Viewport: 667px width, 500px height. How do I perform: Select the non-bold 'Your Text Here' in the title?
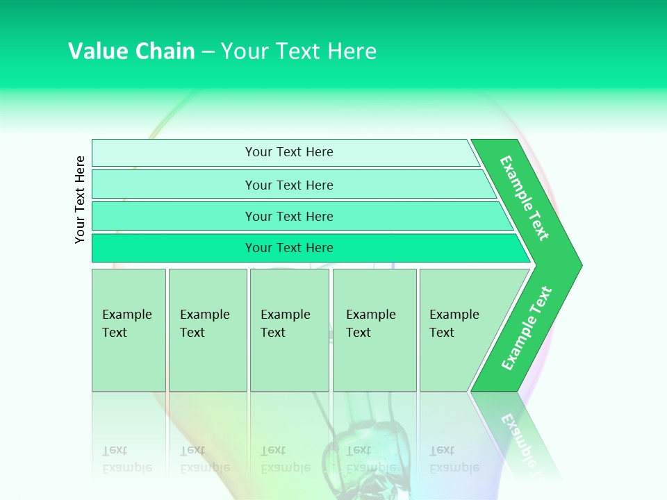[x=299, y=51]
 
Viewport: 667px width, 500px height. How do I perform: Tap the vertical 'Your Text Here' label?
[x=80, y=199]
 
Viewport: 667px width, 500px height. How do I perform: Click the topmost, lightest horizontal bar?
[x=288, y=152]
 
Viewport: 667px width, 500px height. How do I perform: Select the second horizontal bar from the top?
[x=288, y=185]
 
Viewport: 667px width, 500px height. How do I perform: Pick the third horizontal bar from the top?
[x=288, y=216]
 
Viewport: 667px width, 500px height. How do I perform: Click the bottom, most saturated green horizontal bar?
[x=288, y=248]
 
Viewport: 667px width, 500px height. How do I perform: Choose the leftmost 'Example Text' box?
[x=129, y=330]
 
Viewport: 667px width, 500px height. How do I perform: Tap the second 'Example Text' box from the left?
[x=207, y=330]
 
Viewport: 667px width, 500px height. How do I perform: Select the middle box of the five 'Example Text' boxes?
[x=289, y=330]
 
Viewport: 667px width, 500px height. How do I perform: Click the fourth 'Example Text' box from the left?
[x=374, y=330]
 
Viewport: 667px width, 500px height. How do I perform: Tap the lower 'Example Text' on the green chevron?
[x=526, y=328]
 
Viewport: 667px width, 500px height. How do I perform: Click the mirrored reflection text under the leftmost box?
[x=127, y=459]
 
